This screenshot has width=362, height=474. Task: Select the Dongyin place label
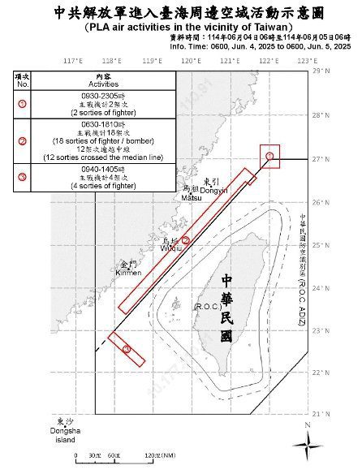coord(213,188)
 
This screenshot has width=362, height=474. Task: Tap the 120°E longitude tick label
coord(191,61)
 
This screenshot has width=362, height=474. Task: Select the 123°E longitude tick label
coord(306,61)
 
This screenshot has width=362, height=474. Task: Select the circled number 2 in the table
coord(23,140)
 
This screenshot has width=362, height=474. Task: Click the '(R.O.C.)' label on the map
coord(206,306)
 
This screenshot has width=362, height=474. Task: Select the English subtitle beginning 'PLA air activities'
coord(181,27)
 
